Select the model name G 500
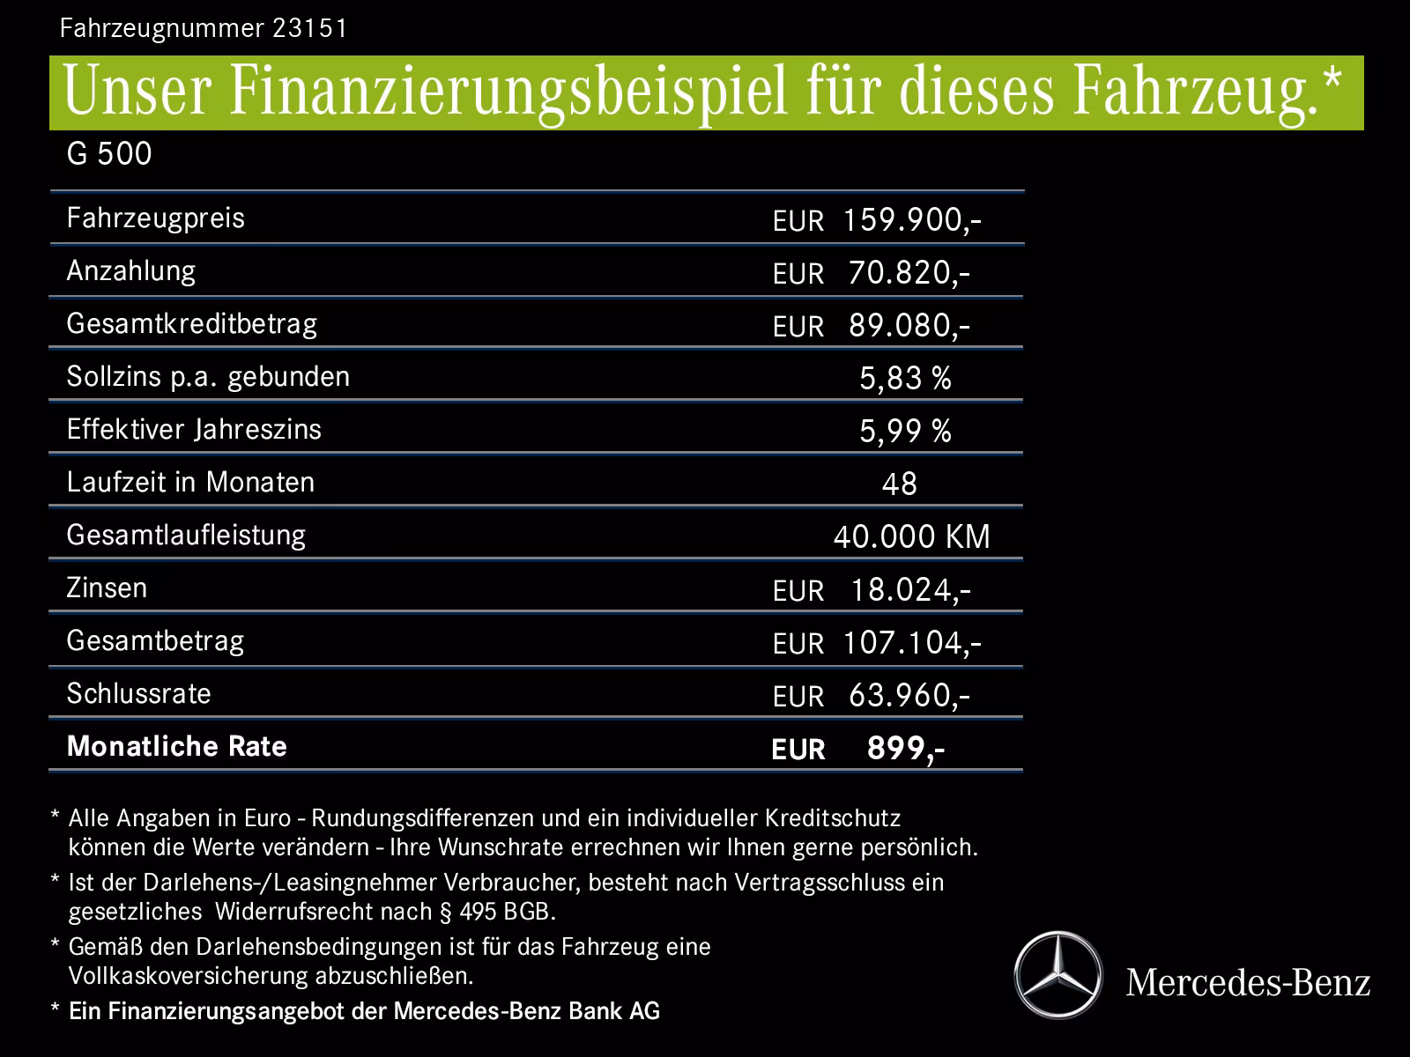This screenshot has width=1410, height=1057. (x=109, y=154)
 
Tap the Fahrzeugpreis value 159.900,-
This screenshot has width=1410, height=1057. (x=911, y=220)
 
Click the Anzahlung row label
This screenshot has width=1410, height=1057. (x=131, y=270)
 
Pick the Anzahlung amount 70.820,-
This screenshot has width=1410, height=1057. (x=909, y=273)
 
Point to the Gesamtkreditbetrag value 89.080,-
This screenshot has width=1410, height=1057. (x=909, y=326)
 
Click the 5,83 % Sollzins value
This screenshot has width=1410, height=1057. (x=905, y=379)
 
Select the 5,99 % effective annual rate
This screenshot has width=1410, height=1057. (x=905, y=432)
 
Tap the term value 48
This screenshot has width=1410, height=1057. (x=899, y=484)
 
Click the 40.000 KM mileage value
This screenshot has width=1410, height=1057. (x=911, y=536)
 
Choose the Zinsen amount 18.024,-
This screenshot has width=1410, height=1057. (x=909, y=590)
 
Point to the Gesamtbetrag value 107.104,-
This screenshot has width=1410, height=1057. (x=911, y=643)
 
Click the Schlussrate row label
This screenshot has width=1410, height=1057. (x=139, y=694)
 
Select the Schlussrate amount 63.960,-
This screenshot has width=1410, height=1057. (x=909, y=696)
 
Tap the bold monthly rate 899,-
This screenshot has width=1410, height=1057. (x=905, y=749)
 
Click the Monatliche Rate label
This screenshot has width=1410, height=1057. (x=177, y=747)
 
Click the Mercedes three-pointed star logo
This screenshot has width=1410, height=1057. (x=1057, y=975)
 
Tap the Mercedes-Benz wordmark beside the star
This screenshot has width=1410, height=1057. (x=1248, y=982)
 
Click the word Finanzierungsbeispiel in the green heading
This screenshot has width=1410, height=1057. (x=506, y=93)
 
